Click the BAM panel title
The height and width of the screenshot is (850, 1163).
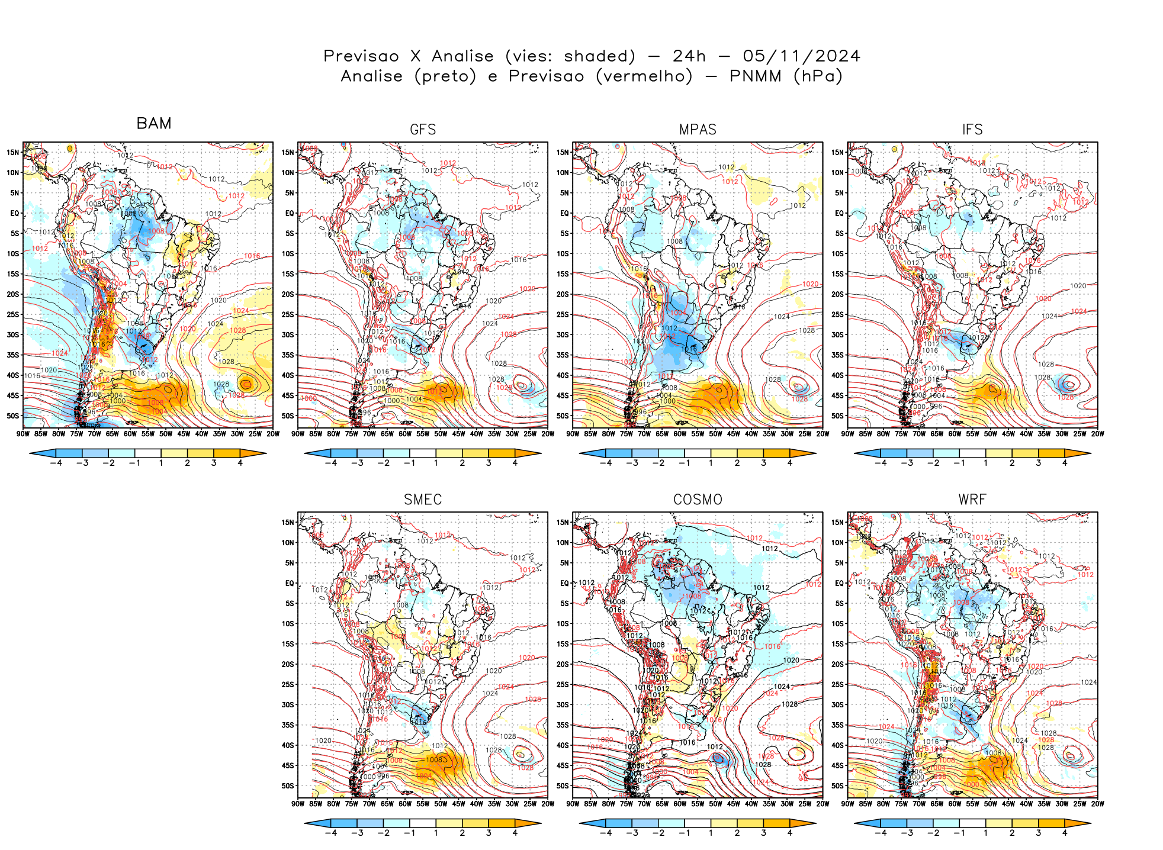tap(154, 123)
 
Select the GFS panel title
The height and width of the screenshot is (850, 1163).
tap(423, 130)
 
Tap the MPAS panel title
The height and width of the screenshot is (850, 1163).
tap(698, 130)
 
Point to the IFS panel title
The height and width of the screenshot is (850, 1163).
tap(972, 130)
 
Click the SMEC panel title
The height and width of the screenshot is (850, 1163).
tap(423, 500)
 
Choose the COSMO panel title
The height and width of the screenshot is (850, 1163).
tap(698, 500)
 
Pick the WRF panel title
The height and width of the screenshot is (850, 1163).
tap(972, 500)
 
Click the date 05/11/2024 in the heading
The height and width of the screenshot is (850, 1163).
tap(801, 56)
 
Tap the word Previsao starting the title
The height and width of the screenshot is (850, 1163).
tap(361, 56)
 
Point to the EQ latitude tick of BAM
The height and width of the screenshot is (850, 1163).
tap(15, 213)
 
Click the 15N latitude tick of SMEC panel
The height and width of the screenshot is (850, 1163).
tap(288, 522)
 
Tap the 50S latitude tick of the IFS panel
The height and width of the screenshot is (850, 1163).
tap(837, 416)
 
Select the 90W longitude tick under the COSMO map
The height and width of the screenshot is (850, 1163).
tap(573, 804)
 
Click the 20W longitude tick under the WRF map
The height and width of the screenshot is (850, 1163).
tap(1097, 804)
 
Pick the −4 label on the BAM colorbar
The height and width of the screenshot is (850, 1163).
tap(56, 463)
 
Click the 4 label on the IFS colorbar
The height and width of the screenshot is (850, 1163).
tap(1065, 463)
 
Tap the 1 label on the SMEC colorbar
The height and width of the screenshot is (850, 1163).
tap(436, 833)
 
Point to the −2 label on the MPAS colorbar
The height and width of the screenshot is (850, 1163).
tap(658, 463)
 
